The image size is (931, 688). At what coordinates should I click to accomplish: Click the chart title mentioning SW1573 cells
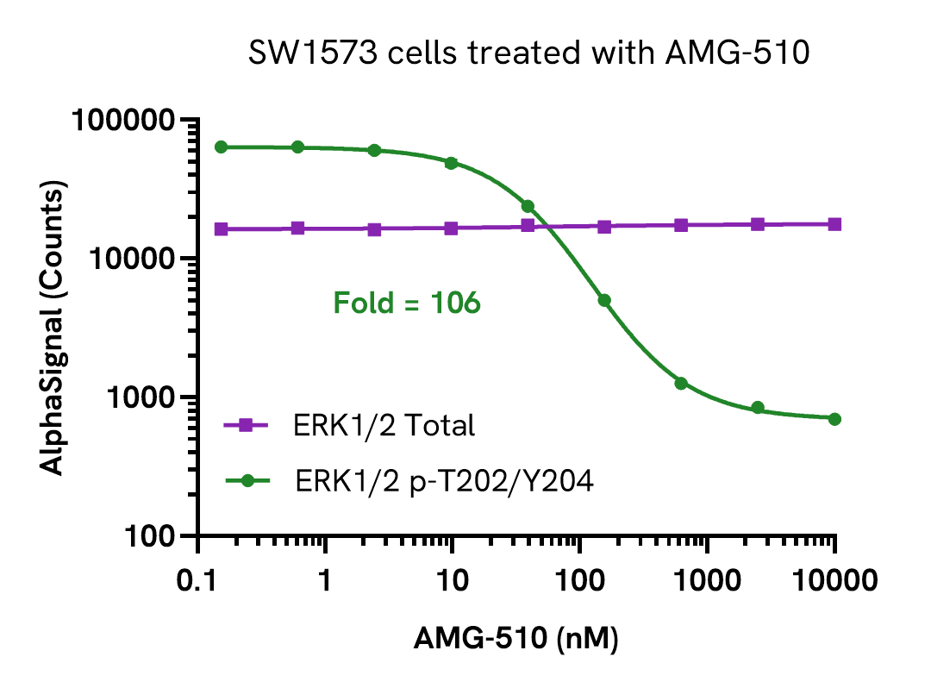[529, 54]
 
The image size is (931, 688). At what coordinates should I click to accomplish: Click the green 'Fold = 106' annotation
[406, 303]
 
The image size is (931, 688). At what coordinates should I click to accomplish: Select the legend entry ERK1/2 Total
[384, 425]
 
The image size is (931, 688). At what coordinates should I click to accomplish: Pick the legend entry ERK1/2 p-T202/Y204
[444, 480]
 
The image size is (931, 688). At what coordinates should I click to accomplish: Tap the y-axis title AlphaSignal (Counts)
[53, 329]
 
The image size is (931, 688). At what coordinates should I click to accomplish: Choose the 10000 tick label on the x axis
[834, 580]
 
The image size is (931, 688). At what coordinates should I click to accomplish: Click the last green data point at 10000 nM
[834, 419]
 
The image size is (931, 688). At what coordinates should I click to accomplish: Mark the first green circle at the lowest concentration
[222, 147]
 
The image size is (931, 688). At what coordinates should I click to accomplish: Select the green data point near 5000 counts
[604, 300]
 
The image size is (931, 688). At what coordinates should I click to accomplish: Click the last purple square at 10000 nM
[834, 224]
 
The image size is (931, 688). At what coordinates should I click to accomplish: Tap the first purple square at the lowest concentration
[222, 229]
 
